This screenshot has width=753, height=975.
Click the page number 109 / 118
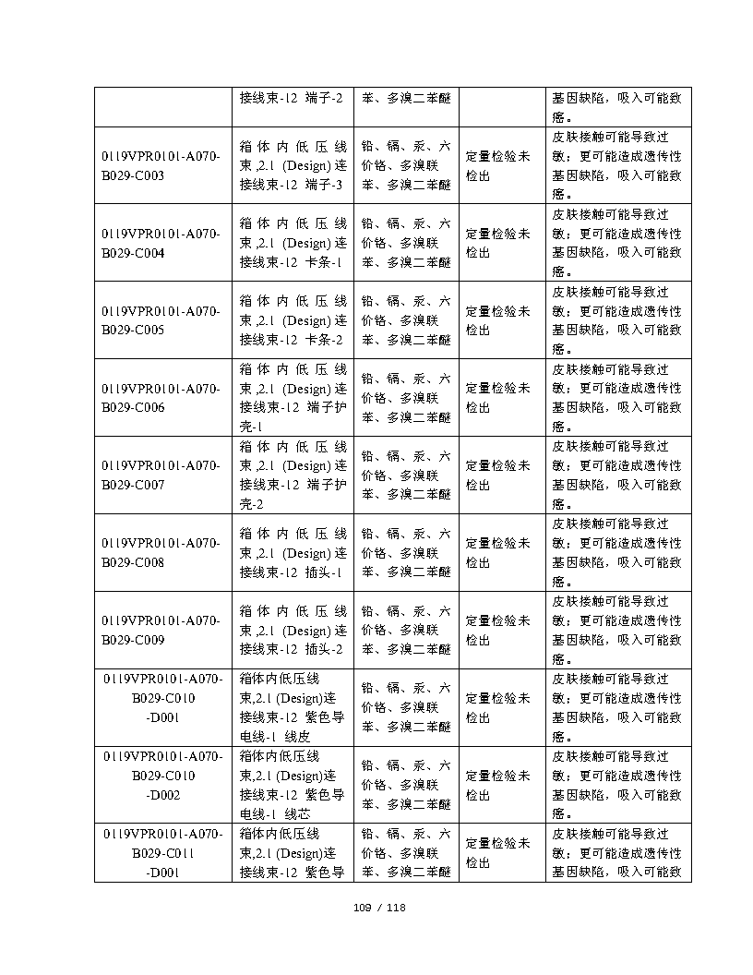[380, 907]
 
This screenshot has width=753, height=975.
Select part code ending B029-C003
[161, 166]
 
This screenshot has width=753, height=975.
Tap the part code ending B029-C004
[161, 244]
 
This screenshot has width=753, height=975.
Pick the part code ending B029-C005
[161, 320]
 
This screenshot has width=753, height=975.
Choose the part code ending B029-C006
[161, 398]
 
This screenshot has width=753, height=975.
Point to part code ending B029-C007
[161, 475]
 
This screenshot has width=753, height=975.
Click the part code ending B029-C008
[161, 552]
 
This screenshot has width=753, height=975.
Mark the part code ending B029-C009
[161, 630]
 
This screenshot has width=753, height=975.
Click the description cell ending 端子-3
[293, 166]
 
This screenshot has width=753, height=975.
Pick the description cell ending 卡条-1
[293, 244]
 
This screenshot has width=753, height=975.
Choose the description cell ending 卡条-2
[293, 320]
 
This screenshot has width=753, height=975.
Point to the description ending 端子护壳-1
[293, 398]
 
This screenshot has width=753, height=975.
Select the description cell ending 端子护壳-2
[293, 475]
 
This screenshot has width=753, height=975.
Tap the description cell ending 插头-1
[293, 552]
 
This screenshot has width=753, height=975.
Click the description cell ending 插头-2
[293, 630]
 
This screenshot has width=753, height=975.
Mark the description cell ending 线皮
[293, 707]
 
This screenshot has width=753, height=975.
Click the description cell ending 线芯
[293, 785]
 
